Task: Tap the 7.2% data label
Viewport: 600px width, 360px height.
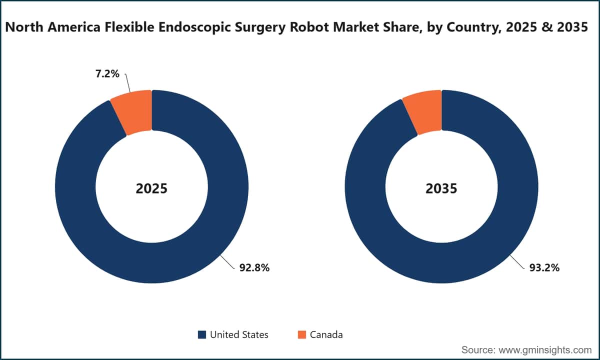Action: click(x=107, y=73)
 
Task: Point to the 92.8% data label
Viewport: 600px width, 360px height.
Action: click(x=254, y=267)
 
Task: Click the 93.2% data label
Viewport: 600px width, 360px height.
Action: click(x=544, y=267)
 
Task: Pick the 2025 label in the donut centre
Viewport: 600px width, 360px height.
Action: click(x=151, y=188)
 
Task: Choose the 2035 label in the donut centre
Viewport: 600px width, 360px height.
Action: click(x=441, y=188)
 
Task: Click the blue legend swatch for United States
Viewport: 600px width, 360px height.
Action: click(x=202, y=334)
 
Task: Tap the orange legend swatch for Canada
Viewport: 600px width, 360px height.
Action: click(x=302, y=334)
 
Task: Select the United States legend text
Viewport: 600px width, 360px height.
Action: click(x=239, y=335)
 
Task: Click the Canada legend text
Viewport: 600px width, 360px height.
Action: click(x=326, y=335)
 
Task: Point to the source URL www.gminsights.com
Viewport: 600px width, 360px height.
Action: click(x=545, y=350)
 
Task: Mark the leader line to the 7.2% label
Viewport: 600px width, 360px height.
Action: click(x=127, y=83)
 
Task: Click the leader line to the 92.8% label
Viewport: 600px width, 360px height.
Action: click(x=227, y=262)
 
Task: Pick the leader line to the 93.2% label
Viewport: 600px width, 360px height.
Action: click(x=517, y=261)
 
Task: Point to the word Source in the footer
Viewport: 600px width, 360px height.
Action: click(x=478, y=350)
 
